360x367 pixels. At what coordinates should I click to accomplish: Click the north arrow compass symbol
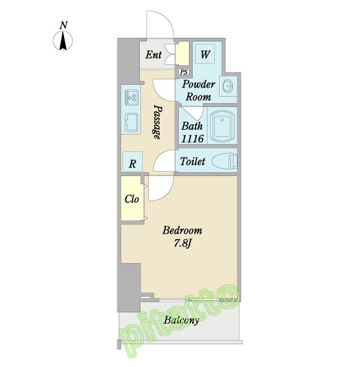point(63,40)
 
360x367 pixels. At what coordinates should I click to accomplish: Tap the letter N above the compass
point(64,25)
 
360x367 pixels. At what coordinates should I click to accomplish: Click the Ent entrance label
point(153,55)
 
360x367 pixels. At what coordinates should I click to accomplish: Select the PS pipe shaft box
point(184,72)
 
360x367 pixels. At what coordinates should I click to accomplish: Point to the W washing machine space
point(205,54)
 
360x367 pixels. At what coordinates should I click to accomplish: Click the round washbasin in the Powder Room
point(227,87)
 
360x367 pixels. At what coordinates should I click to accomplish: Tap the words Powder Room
point(199,91)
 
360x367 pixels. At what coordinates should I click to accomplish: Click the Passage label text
point(157,122)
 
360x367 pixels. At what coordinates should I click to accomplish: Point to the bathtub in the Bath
point(222,125)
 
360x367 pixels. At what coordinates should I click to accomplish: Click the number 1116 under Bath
point(193,139)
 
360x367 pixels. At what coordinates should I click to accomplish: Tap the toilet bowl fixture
point(224,161)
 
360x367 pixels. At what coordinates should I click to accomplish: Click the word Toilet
point(193,161)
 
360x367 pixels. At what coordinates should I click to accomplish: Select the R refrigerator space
point(133,161)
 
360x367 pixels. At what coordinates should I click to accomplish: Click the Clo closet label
point(131,199)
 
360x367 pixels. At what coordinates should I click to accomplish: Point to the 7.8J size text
point(183,243)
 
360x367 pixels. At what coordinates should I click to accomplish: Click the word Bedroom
point(183,231)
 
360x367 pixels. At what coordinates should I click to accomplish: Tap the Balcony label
point(182,320)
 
